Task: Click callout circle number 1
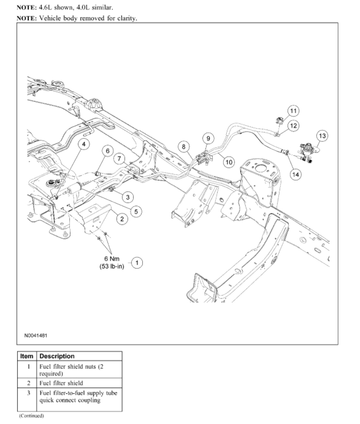click(x=138, y=262)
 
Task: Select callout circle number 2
click(x=122, y=219)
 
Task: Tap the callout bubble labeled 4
click(x=84, y=144)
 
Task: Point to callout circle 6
click(x=107, y=150)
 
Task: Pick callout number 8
click(x=182, y=146)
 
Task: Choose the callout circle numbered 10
click(x=229, y=162)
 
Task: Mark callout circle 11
click(x=293, y=110)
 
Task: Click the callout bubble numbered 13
click(x=322, y=135)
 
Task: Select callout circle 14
click(x=296, y=174)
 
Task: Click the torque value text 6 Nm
click(x=108, y=259)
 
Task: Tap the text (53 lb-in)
click(x=108, y=267)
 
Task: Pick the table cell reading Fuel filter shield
click(x=61, y=383)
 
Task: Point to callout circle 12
click(x=293, y=125)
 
